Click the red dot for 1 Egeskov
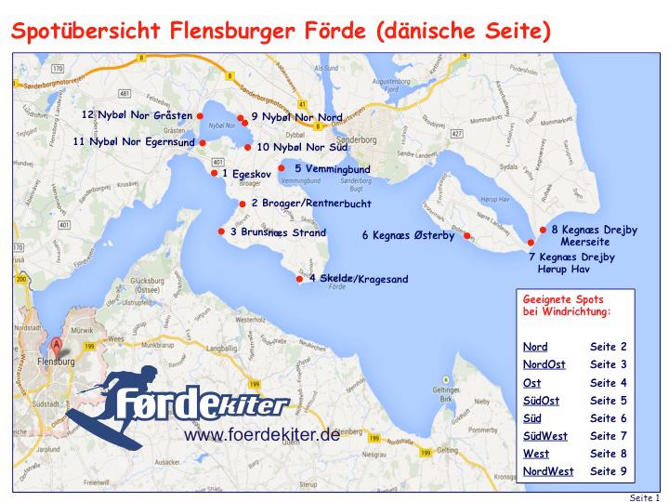pyautogui.click(x=214, y=173)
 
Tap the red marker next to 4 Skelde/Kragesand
pyautogui.click(x=299, y=278)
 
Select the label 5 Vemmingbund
pyautogui.click(x=332, y=168)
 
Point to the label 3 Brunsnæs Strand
pyautogui.click(x=278, y=232)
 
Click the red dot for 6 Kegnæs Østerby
pyautogui.click(x=467, y=235)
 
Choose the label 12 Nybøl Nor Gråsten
pyautogui.click(x=137, y=115)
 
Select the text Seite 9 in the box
pyautogui.click(x=609, y=471)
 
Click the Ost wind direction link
pyautogui.click(x=532, y=382)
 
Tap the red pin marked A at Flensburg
pyautogui.click(x=57, y=346)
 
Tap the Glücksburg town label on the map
pyautogui.click(x=154, y=279)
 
